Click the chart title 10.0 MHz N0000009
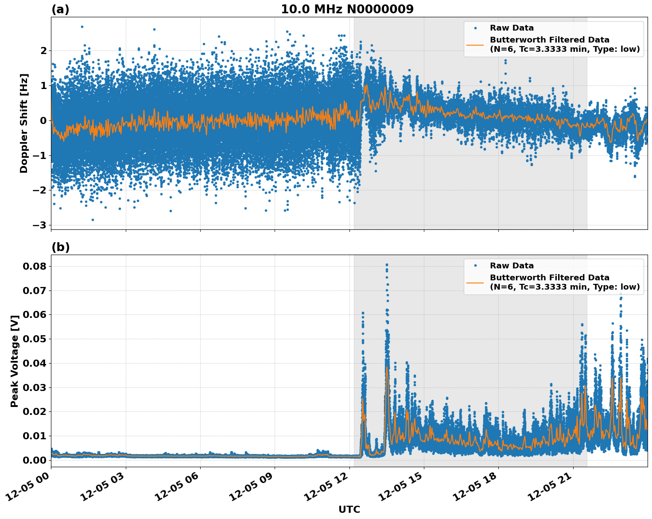tap(347, 9)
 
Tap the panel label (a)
tap(60, 9)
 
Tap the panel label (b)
tap(60, 247)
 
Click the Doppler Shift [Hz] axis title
tap(24, 123)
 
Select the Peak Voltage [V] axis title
tap(15, 361)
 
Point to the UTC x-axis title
tap(349, 509)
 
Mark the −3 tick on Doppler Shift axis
tap(40, 225)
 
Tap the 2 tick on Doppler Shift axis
tap(43, 50)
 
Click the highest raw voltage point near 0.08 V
tap(387, 265)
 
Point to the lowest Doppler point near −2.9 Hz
tap(93, 220)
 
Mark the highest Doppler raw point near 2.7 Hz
tap(82, 27)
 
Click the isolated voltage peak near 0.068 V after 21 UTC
tap(621, 294)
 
